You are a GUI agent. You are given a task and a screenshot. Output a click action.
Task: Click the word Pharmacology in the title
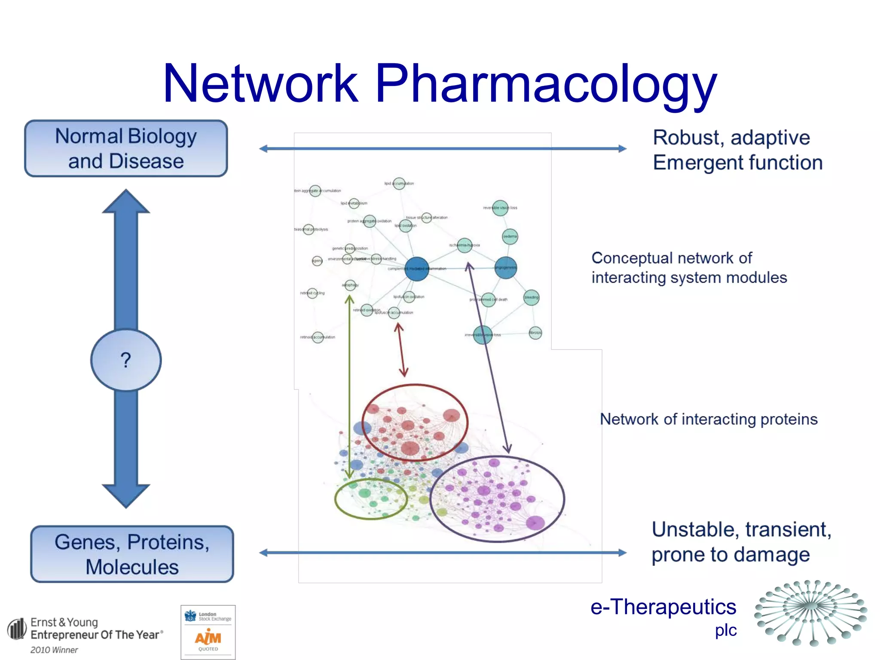point(546,84)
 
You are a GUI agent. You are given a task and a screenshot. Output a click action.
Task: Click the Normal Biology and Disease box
point(126,149)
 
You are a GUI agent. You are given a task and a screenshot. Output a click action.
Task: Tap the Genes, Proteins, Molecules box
point(132,554)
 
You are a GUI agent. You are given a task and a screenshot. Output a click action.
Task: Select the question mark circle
point(126,360)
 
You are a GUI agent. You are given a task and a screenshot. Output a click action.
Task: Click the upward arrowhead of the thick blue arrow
point(126,202)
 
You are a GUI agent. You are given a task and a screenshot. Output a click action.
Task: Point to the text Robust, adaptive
point(731,138)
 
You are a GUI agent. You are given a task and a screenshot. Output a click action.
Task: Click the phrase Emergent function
point(737,163)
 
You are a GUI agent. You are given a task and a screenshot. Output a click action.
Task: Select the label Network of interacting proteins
point(709,419)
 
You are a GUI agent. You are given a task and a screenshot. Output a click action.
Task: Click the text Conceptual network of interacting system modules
point(689,268)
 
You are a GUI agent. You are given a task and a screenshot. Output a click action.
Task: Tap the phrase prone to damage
point(730,555)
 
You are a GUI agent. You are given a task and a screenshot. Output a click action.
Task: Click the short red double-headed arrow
point(401,349)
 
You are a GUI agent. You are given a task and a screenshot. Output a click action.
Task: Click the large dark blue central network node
point(416,269)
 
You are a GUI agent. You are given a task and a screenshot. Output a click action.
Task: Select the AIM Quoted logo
point(208,632)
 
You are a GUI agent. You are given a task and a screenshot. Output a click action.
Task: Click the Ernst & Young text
point(64,622)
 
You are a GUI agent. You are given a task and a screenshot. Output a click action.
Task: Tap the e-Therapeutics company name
point(663,607)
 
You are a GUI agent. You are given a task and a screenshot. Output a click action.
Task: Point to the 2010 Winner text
point(54,650)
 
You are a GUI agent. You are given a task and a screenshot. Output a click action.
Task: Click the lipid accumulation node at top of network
point(399,183)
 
